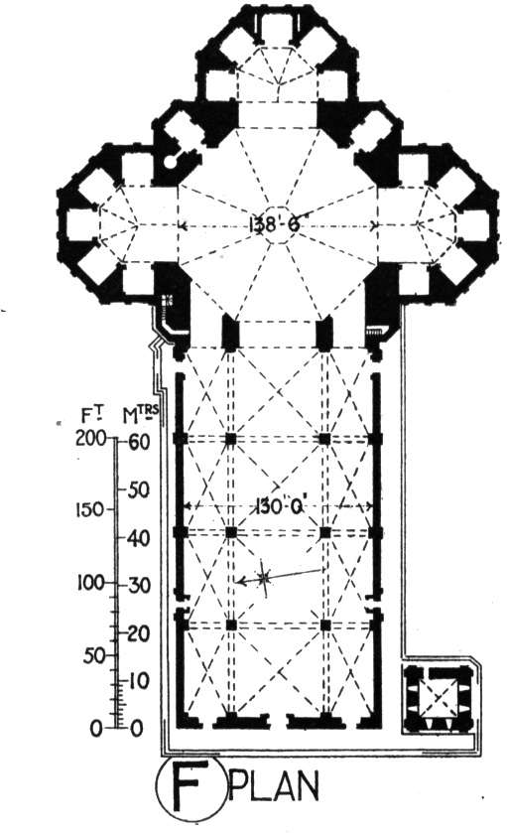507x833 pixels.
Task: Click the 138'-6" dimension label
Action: click(x=275, y=224)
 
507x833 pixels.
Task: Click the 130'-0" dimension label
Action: click(x=279, y=506)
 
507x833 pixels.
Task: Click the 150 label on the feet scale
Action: click(x=87, y=510)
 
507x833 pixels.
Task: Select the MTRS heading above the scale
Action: click(x=141, y=414)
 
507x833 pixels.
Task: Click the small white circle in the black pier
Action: click(x=171, y=162)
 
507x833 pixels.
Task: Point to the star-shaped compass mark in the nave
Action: click(x=264, y=578)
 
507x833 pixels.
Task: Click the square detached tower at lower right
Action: click(x=436, y=698)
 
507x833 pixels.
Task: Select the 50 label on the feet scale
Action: click(x=93, y=656)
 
